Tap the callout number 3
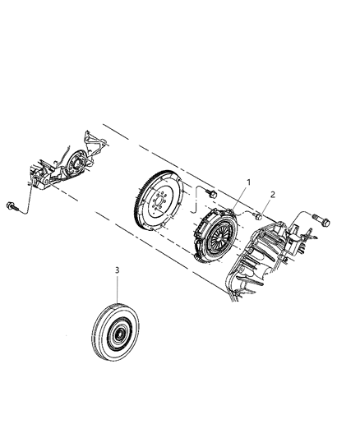click(118, 269)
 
